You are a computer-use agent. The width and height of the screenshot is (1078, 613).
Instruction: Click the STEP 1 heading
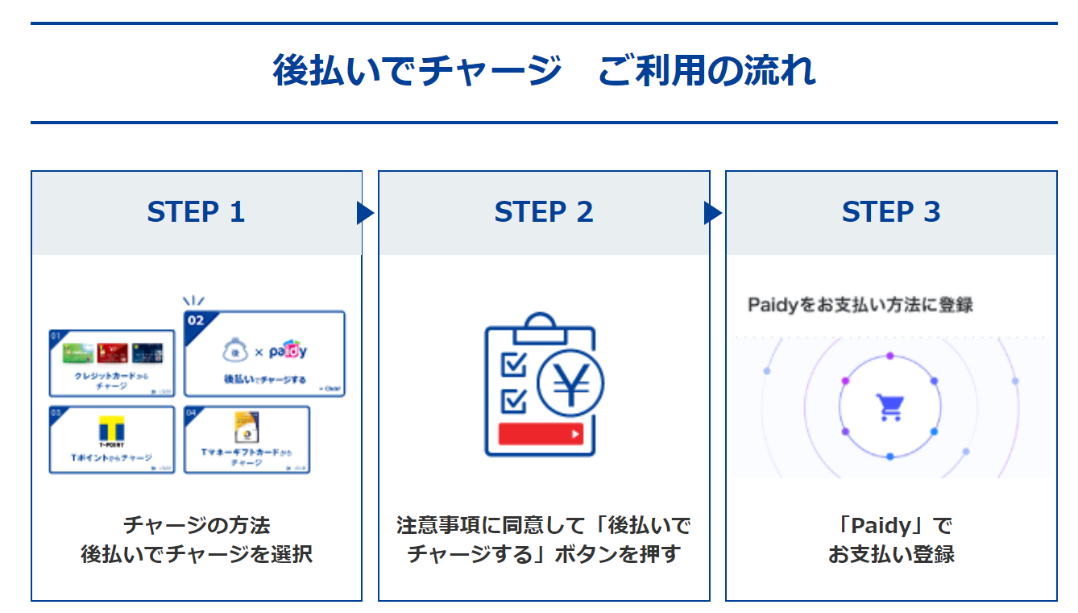(x=196, y=212)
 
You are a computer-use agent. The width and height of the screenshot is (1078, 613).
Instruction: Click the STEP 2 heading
(x=544, y=212)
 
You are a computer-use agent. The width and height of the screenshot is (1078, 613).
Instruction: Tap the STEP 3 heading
(x=891, y=212)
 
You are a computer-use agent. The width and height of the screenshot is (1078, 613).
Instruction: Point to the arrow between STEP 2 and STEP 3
(x=712, y=213)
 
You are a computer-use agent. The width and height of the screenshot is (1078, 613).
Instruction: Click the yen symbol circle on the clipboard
(x=570, y=386)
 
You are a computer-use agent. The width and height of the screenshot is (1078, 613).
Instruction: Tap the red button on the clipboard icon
(x=540, y=434)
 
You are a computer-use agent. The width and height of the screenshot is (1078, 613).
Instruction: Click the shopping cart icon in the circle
(x=889, y=407)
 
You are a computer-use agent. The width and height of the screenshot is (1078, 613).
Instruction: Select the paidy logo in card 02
(x=288, y=351)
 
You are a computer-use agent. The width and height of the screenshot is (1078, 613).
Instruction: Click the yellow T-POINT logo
(x=110, y=429)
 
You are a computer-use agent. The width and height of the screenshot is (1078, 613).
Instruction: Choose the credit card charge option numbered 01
(x=111, y=363)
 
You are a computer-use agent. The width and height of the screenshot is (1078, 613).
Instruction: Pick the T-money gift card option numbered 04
(x=247, y=440)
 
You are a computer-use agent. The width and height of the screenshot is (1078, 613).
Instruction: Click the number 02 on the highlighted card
(x=196, y=320)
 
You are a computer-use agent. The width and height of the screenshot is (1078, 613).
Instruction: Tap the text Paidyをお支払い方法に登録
(x=860, y=305)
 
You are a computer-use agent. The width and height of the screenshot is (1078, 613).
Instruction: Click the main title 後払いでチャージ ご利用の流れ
(x=544, y=71)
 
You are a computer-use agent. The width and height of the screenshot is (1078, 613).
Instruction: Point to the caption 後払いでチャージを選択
(x=196, y=554)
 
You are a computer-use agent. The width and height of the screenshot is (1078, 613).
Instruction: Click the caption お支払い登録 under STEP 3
(x=891, y=554)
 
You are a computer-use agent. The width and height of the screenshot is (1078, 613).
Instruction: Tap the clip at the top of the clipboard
(x=540, y=324)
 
